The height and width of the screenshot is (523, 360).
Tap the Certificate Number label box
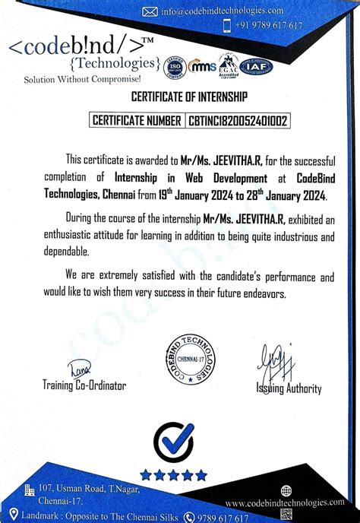coord(137,120)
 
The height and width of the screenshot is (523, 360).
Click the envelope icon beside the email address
coord(150,11)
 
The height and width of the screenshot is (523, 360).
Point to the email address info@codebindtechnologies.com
coord(222,11)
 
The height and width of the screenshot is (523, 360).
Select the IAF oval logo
coord(256,67)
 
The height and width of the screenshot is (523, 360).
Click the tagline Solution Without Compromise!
coord(82,79)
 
